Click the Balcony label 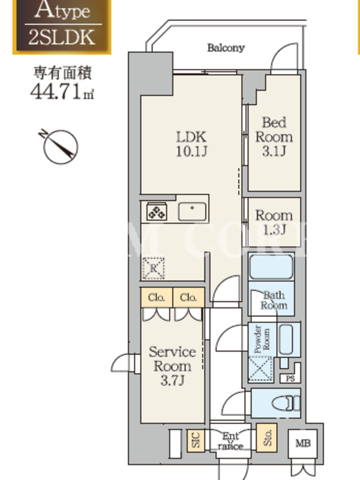point(226,48)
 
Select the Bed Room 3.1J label point(274,137)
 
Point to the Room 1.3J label point(274,221)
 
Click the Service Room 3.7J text point(172,365)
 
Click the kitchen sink point(193,211)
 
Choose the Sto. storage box point(266,439)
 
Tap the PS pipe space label point(290,379)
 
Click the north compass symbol point(61,145)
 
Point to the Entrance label point(230,441)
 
